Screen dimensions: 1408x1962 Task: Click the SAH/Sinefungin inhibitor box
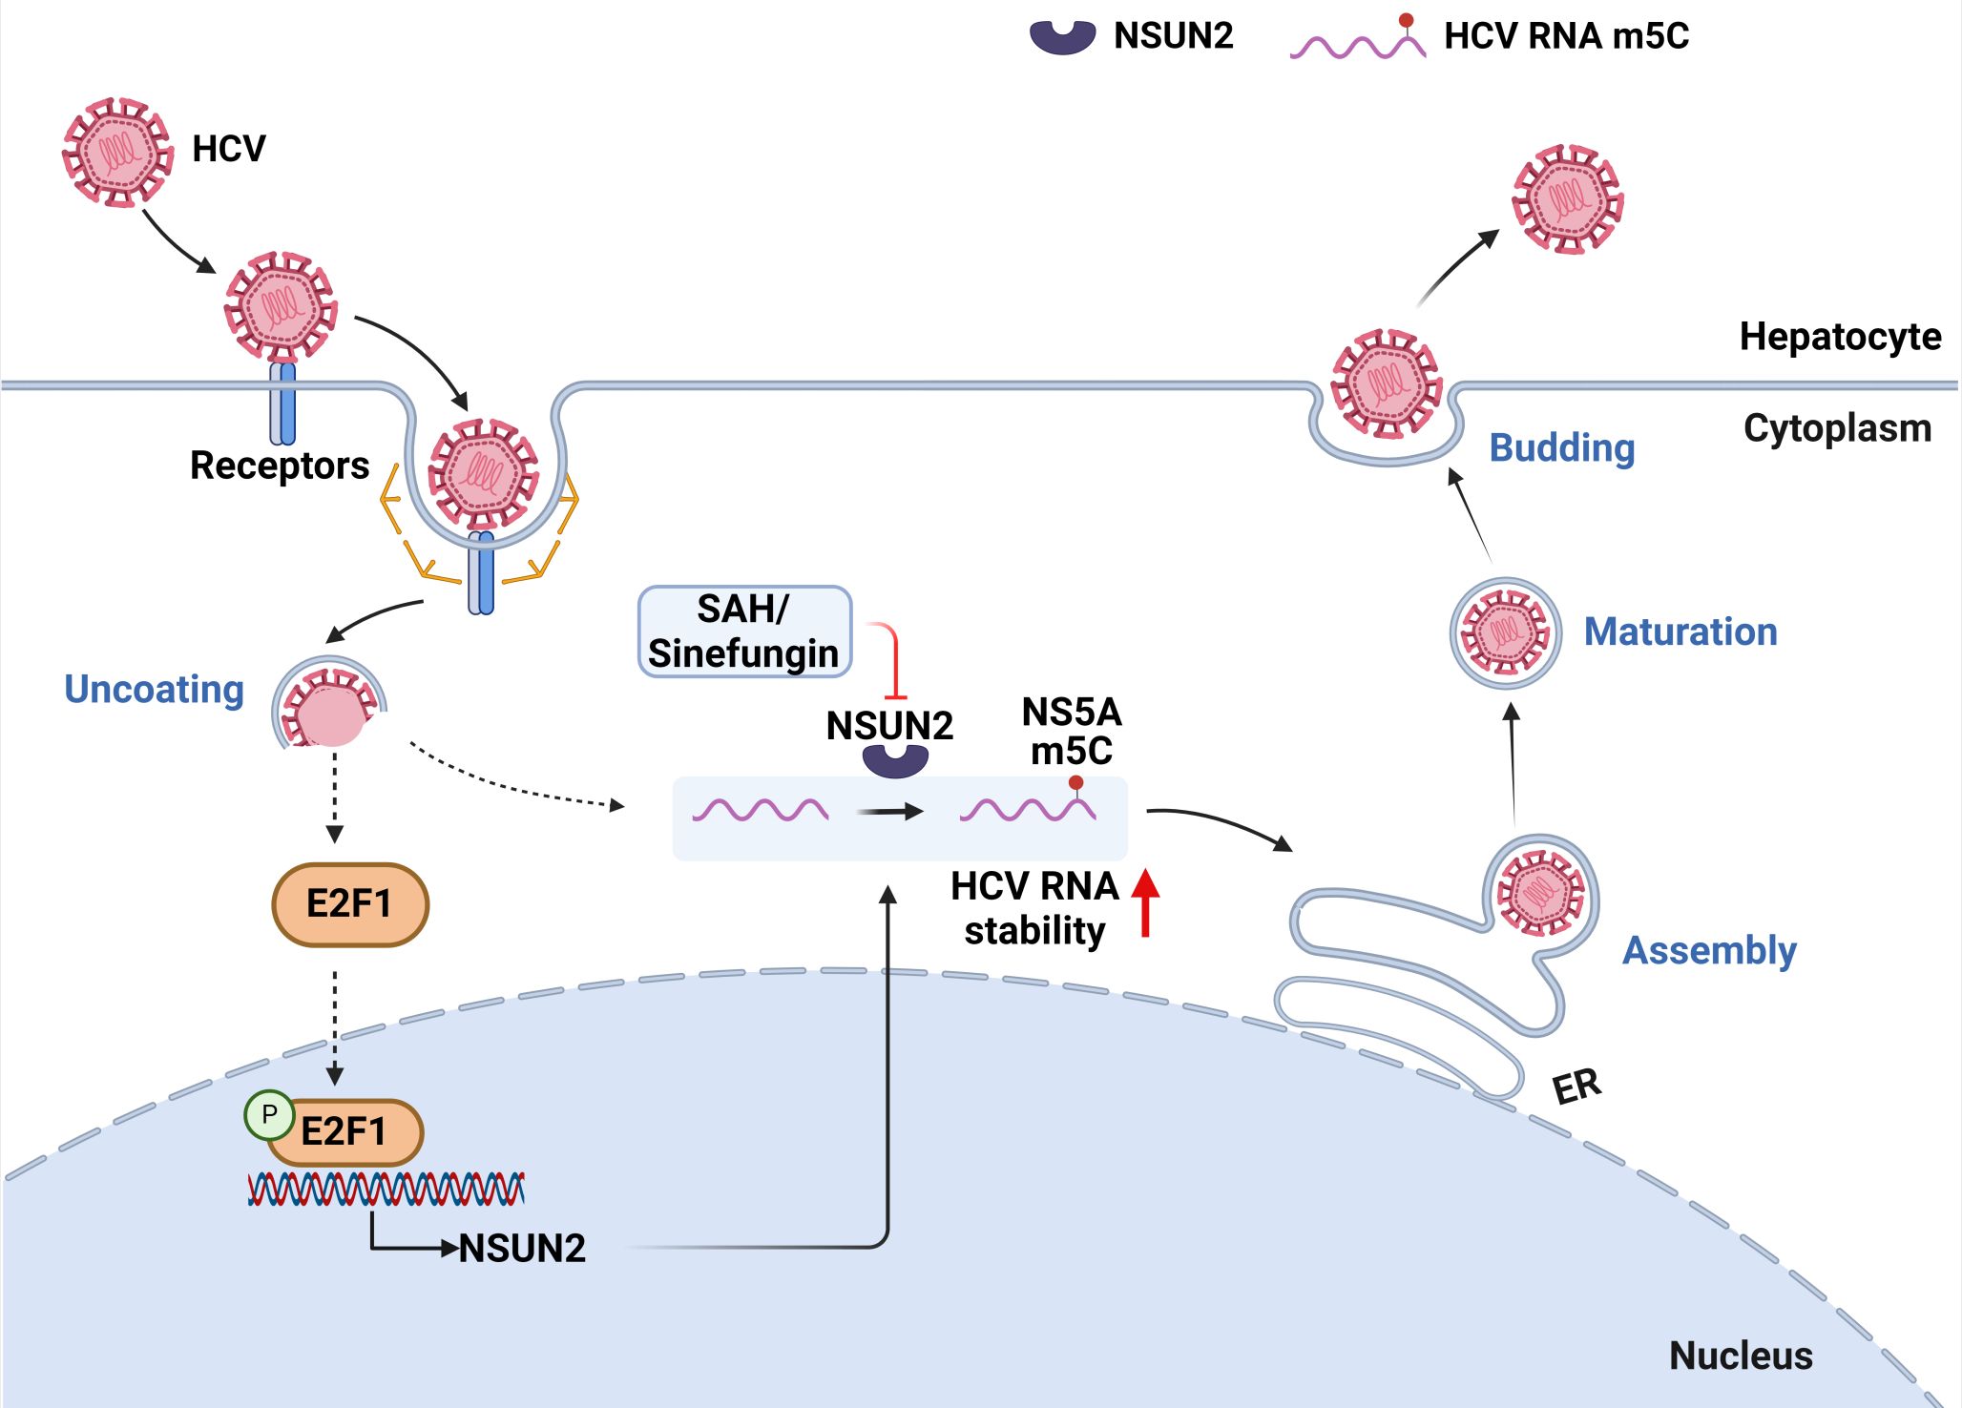coord(743,632)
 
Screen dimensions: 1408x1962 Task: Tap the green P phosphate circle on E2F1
coord(269,1114)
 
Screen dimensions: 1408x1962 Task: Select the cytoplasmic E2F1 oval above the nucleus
coord(350,903)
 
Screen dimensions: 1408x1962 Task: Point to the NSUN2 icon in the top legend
coord(1062,37)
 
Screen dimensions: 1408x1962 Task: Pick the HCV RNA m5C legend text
coord(1566,36)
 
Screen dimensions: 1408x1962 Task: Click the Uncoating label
coord(154,689)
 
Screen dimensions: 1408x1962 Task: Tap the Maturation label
coord(1680,632)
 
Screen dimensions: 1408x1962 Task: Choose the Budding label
coord(1562,447)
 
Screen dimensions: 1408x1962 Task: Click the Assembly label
coord(1709,950)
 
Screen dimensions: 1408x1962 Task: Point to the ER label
coord(1576,1087)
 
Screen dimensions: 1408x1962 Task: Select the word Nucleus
coord(1741,1356)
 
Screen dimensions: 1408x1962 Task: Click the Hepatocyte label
coord(1840,337)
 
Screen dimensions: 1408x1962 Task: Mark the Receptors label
coord(279,466)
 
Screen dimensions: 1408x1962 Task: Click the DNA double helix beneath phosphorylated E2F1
coord(386,1189)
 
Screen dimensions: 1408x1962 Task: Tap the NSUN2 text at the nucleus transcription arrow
coord(522,1248)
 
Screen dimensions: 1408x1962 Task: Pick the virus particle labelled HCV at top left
coord(117,152)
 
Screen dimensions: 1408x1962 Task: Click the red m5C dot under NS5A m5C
coord(1076,782)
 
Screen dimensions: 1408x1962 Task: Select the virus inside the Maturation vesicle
coord(1505,632)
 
